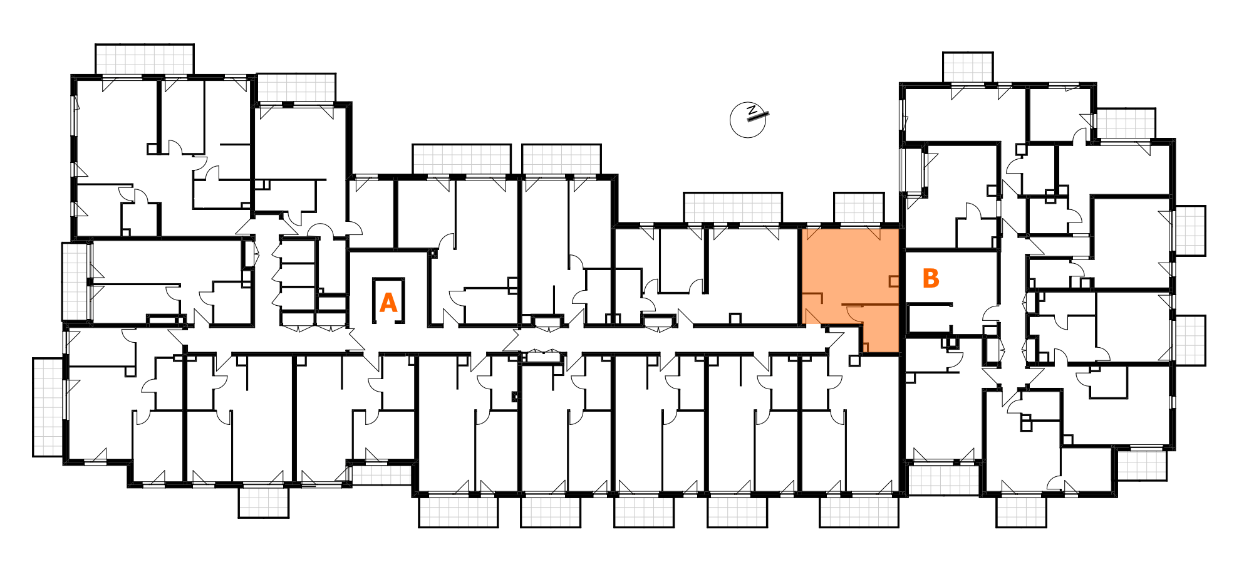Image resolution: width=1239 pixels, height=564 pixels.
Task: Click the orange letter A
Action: [388, 303]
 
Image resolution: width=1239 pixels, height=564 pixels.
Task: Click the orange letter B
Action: [931, 278]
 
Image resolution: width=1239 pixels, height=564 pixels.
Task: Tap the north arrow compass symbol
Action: [748, 120]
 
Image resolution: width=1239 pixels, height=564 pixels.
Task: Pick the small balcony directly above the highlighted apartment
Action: [858, 207]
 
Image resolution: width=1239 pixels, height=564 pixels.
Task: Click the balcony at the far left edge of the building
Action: [48, 407]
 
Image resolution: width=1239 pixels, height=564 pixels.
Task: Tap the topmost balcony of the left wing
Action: [145, 59]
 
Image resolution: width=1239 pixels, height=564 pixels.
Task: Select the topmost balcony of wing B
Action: [968, 67]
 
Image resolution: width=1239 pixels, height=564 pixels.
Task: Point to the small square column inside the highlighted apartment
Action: [894, 281]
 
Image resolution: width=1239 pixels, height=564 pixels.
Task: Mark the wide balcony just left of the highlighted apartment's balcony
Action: [733, 207]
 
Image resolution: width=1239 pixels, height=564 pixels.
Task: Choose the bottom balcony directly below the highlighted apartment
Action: [859, 512]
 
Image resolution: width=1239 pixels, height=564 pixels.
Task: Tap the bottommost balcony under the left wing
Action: [264, 502]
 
